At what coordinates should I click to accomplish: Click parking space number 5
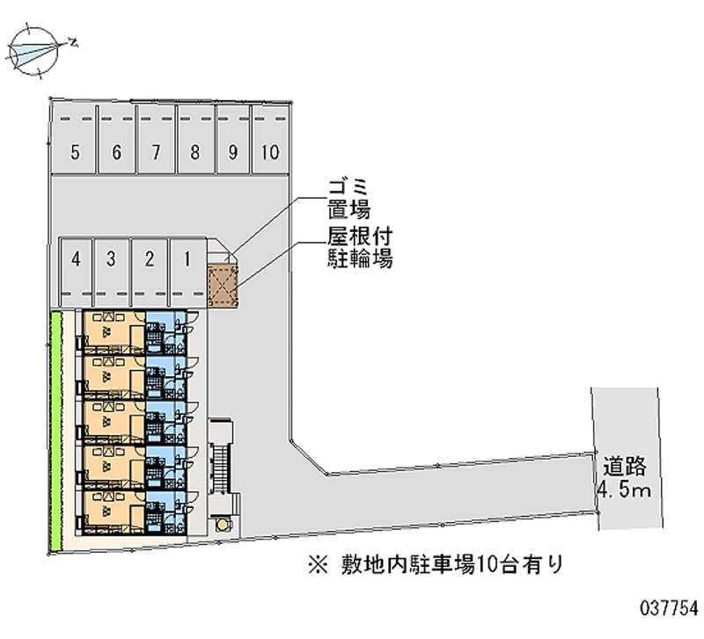pos(74,139)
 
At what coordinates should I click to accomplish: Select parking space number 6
pos(116,139)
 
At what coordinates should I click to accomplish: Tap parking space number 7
pos(156,139)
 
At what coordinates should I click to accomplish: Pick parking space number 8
pos(195,139)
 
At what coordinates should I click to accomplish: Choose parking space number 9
pos(232,139)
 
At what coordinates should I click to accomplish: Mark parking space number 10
pos(270,139)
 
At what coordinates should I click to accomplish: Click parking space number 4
pos(77,272)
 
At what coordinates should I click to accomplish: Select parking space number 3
pos(112,272)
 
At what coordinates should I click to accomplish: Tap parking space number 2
pos(150,272)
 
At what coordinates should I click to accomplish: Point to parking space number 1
pos(187,272)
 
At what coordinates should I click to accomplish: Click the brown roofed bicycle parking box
pos(223,286)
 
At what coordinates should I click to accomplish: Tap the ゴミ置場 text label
pos(348,199)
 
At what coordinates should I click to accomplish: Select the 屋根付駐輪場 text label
pos(360,248)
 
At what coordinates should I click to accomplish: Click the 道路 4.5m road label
pos(624,477)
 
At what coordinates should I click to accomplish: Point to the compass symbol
pos(34,51)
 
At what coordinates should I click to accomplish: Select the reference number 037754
pos(669,608)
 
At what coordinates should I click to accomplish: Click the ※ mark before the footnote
pos(319,565)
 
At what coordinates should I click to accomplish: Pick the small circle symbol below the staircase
pos(223,524)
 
